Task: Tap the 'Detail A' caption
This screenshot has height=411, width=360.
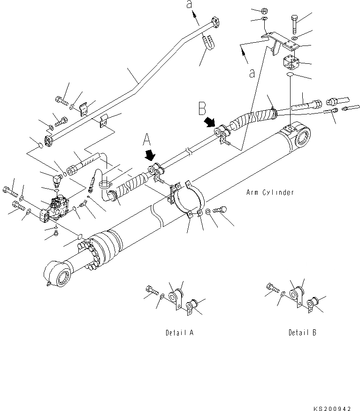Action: [179, 333]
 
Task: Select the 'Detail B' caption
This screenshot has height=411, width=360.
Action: [302, 333]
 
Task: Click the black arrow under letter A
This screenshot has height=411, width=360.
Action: [151, 155]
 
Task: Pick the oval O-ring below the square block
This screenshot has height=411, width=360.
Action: [290, 74]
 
